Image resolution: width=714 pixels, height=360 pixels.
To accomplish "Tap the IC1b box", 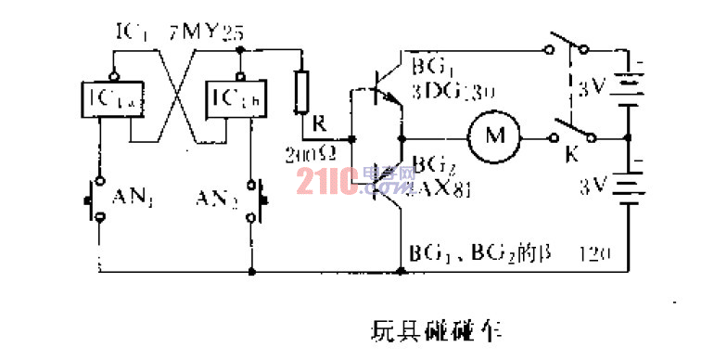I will click(228, 97).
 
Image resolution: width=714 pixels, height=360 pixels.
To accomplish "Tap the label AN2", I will click(216, 197).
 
